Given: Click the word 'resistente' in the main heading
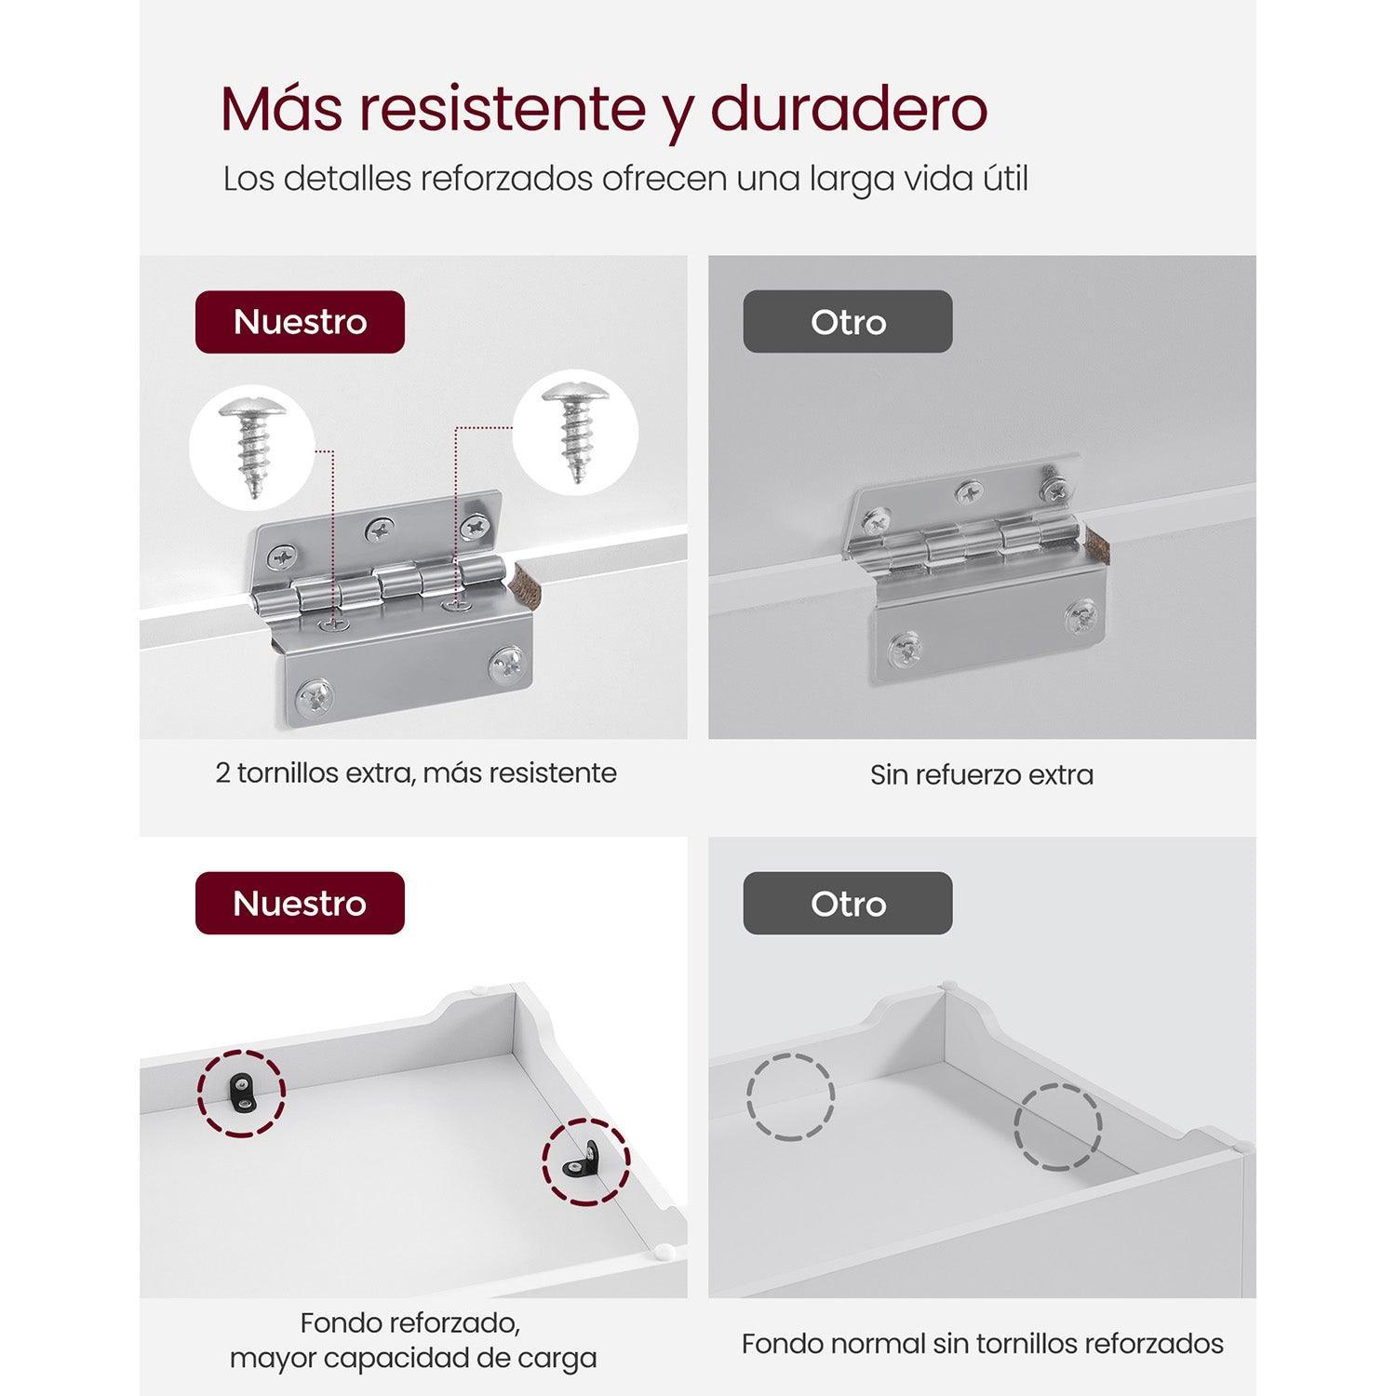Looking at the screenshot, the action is click(503, 109).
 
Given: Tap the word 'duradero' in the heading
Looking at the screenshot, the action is click(849, 109).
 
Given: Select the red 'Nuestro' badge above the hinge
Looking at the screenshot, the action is click(300, 322).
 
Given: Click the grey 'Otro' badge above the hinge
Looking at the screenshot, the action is click(848, 322).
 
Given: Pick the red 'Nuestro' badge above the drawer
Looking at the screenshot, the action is click(300, 903).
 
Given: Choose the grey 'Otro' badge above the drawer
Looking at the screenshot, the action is click(848, 903).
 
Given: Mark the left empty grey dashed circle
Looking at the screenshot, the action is click(790, 1097).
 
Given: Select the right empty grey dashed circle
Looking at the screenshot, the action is click(1057, 1127).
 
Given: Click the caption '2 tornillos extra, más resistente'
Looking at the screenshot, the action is click(416, 773).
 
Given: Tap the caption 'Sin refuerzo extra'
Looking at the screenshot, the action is click(982, 774).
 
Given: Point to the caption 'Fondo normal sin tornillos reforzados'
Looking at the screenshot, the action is click(983, 1344).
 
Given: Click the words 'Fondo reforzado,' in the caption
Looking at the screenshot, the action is click(410, 1323).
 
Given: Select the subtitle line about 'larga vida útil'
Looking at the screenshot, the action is click(625, 179).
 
